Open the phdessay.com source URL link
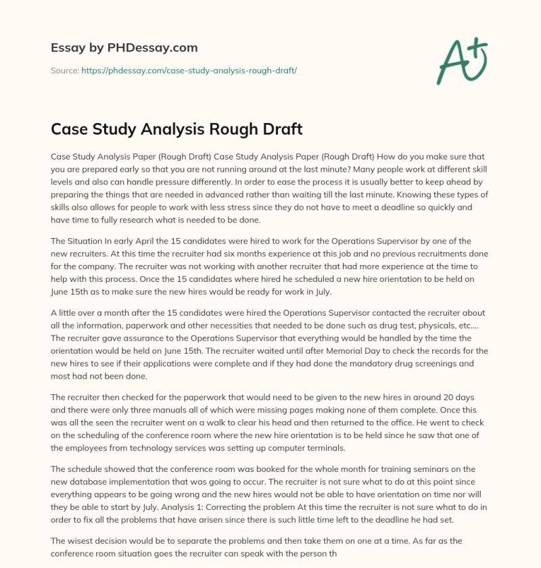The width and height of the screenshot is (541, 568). click(x=189, y=70)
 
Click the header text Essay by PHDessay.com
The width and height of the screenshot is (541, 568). click(x=124, y=48)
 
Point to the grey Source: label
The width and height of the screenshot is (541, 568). click(x=64, y=70)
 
